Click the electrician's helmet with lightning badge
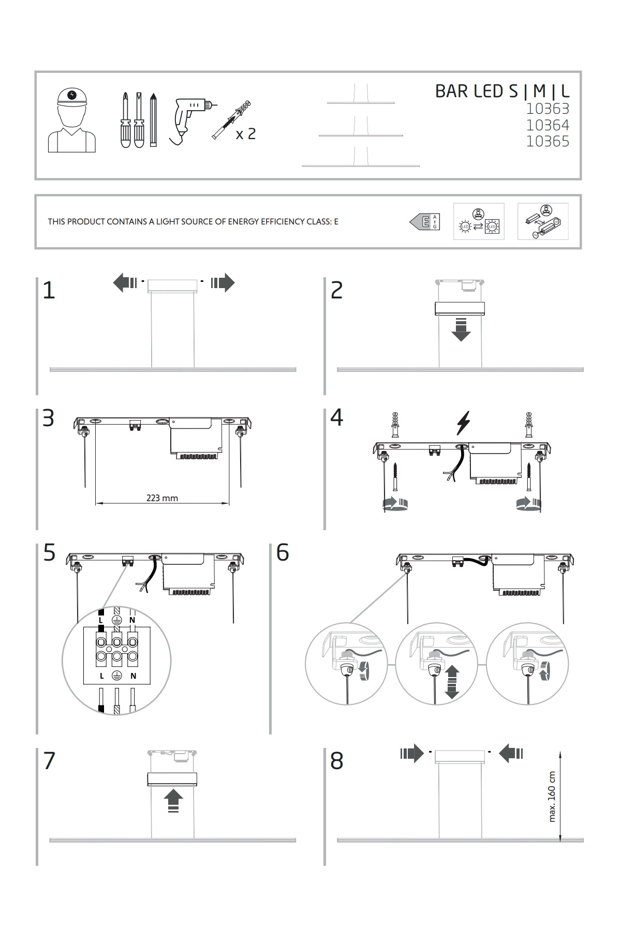pyautogui.click(x=72, y=96)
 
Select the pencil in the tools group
pyautogui.click(x=153, y=120)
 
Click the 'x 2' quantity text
pyautogui.click(x=245, y=134)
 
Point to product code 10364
pyautogui.click(x=547, y=125)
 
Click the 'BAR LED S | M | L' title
pyautogui.click(x=501, y=91)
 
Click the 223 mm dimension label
pyautogui.click(x=162, y=498)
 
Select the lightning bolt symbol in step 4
pyautogui.click(x=463, y=423)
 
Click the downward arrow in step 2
pyautogui.click(x=461, y=330)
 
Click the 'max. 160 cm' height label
pyautogui.click(x=552, y=797)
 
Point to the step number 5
pyautogui.click(x=49, y=553)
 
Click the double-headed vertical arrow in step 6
pyautogui.click(x=452, y=682)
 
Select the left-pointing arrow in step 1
pyautogui.click(x=125, y=283)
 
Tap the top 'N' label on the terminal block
pyautogui.click(x=132, y=620)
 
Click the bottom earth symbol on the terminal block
pyautogui.click(x=117, y=675)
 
